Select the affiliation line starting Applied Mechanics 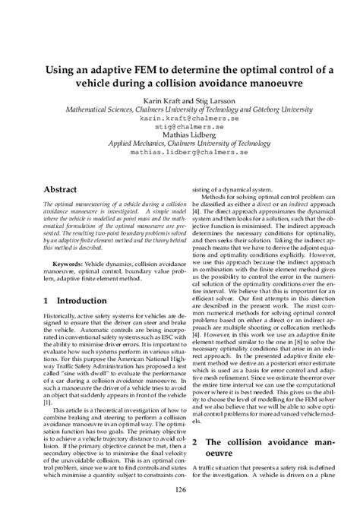[179, 146]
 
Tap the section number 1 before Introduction [46, 302]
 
